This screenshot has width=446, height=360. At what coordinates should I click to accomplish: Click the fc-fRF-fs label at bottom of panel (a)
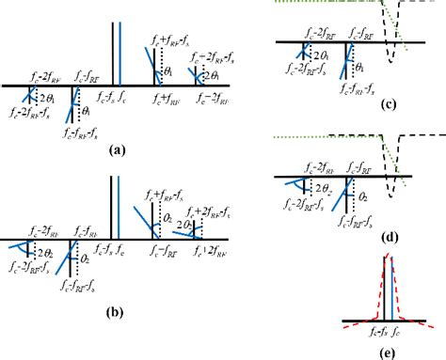click(81, 133)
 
